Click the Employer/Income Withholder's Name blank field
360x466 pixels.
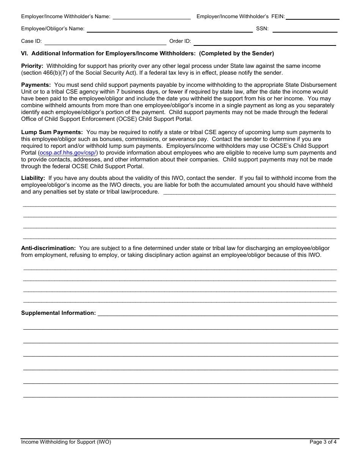point(152,16)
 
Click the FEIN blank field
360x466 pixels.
point(313,16)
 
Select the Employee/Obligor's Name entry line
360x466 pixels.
point(169,29)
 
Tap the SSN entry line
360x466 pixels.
point(305,29)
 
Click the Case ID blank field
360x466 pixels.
point(105,42)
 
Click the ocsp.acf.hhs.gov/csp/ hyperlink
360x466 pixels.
point(68,153)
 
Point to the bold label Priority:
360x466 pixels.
point(32,66)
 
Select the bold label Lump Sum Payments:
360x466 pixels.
point(52,132)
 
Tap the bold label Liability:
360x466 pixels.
point(33,178)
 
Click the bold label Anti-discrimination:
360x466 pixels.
point(49,248)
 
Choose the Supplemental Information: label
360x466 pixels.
point(58,313)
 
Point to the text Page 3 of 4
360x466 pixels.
point(323,442)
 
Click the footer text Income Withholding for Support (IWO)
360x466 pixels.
point(66,442)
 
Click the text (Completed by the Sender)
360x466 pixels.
point(236,53)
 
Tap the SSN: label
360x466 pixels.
point(262,28)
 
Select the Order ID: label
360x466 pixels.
point(180,41)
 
